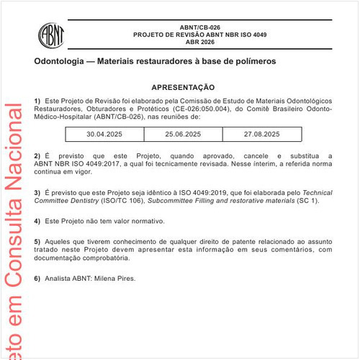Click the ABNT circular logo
click(50, 35)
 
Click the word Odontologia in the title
click(60, 62)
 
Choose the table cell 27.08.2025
click(261, 134)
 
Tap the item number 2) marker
click(37, 156)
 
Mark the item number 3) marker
click(37, 194)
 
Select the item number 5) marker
click(37, 240)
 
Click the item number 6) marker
click(37, 278)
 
